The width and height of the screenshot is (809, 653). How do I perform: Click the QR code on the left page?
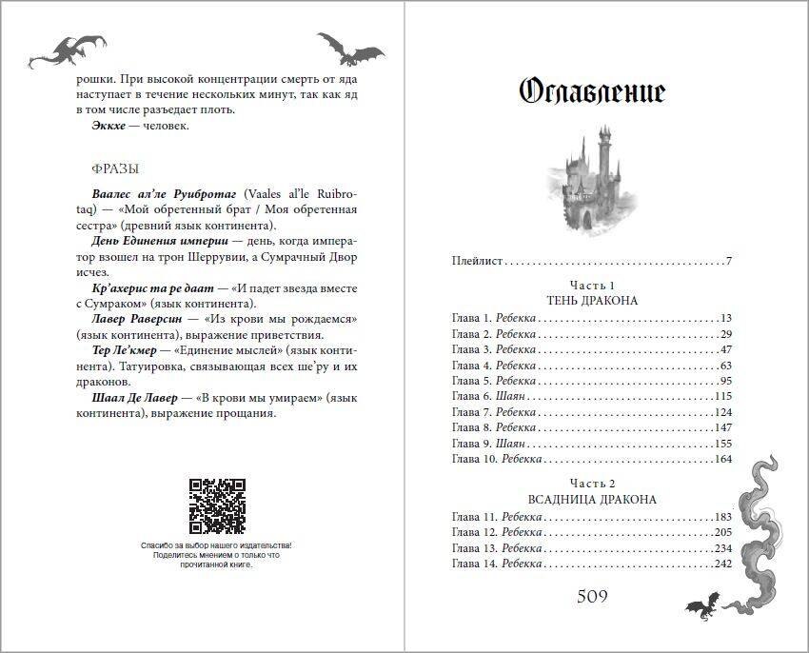tap(217, 505)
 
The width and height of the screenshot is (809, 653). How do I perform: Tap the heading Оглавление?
tap(592, 91)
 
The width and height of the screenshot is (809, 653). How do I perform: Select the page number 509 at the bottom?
tap(592, 597)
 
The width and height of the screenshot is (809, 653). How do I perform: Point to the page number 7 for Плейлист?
tap(728, 260)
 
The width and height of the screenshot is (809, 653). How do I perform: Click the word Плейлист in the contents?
tap(476, 260)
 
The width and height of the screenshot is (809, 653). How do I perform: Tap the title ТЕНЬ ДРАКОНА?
tap(592, 301)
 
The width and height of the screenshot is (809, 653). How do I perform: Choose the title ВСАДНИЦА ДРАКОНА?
tap(592, 499)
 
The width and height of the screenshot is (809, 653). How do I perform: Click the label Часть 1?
tap(592, 286)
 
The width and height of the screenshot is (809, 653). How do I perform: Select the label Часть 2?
tap(592, 484)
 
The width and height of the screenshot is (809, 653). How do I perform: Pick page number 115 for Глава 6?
tap(721, 395)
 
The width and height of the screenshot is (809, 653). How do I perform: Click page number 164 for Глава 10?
tap(721, 459)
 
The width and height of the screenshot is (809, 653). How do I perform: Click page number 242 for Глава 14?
tap(721, 564)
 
